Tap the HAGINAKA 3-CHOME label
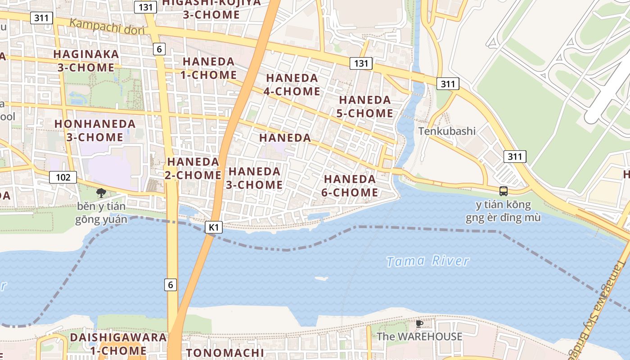pos(86,61)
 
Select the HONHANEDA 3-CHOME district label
pos(95,130)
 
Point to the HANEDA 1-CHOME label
pos(209,68)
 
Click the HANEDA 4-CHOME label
pos(293,85)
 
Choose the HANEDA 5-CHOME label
pos(365,106)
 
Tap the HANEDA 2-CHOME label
pos(193,168)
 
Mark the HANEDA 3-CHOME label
pos(255,178)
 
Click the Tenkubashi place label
pos(447,131)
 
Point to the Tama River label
pos(428,261)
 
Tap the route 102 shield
pos(63,177)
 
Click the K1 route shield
pos(214,228)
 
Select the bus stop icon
pos(504,191)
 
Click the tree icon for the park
pos(101,193)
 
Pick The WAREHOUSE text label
pos(419,337)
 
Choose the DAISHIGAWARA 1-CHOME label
pos(118,344)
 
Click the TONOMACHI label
pos(225,352)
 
